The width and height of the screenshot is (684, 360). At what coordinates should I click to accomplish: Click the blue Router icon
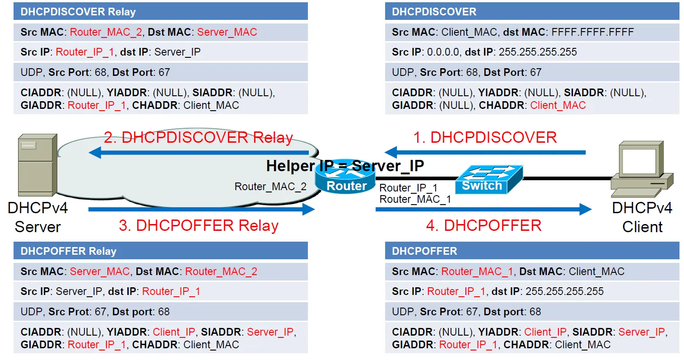point(345,177)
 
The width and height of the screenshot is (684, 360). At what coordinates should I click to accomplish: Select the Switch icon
point(489,179)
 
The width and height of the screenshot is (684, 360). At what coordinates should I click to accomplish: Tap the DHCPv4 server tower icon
point(37,165)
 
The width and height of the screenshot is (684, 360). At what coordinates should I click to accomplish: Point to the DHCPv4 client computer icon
point(642,169)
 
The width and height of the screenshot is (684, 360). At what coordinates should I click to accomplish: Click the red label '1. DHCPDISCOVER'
point(485,137)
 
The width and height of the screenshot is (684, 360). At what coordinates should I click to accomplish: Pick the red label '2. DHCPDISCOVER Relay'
point(198,137)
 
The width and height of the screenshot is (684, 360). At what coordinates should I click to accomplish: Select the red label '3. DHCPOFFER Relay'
point(199,225)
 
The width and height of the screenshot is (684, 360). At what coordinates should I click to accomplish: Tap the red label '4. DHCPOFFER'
point(484,225)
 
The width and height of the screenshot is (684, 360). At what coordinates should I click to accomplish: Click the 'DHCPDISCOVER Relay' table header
point(161,11)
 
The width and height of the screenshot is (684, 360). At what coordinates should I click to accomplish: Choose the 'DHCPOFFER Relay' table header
point(161,251)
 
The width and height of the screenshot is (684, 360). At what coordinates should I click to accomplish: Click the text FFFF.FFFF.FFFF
point(592,32)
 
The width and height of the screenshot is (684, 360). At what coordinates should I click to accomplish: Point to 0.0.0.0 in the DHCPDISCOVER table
point(443,52)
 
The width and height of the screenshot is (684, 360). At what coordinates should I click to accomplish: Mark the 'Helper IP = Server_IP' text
point(345,166)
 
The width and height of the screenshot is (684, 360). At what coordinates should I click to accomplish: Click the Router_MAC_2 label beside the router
point(270,187)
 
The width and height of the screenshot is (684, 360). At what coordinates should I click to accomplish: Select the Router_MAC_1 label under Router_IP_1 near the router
point(415,199)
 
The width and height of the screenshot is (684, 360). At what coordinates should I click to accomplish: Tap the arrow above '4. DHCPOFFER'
point(484,209)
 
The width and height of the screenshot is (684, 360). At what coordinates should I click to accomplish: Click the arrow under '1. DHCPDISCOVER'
point(485,152)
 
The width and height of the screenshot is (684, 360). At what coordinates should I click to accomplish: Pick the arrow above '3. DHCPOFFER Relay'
point(201,209)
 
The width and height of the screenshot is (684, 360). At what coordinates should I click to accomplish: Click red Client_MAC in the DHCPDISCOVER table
point(558,105)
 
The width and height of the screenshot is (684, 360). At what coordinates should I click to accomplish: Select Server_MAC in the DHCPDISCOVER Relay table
point(227,32)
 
